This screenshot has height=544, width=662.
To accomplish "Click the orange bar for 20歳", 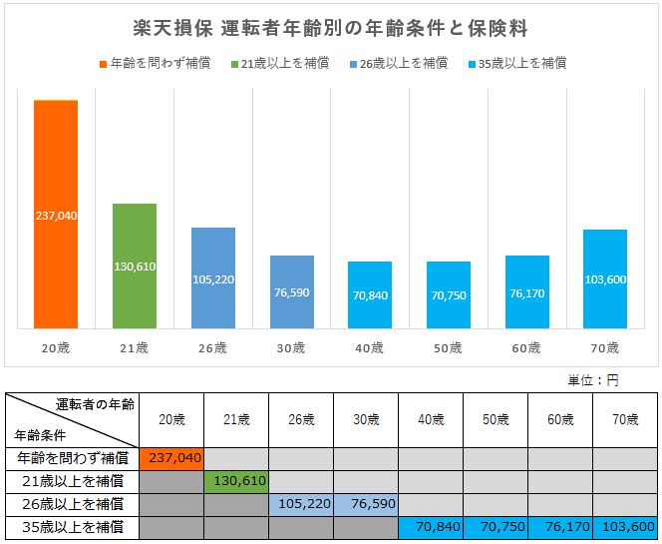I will click(56, 214).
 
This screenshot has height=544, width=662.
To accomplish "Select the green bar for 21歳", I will click(134, 266).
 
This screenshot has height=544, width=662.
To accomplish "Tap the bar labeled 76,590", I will click(291, 291).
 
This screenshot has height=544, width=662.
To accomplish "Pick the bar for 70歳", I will click(605, 278).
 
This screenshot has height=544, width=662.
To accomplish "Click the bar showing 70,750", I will click(449, 294).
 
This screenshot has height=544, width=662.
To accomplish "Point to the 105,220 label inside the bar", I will click(212, 279).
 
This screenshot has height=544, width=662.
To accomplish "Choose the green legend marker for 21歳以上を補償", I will click(234, 63).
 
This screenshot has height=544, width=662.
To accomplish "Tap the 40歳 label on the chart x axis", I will click(370, 348).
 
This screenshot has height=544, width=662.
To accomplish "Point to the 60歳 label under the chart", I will click(526, 348).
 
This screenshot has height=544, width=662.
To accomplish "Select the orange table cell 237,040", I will click(171, 458).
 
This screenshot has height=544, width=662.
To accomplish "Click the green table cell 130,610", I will click(236, 481).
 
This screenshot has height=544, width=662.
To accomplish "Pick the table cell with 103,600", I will click(626, 526).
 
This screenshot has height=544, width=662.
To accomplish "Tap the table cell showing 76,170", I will click(560, 526).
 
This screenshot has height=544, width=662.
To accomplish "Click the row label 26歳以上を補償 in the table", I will click(72, 503).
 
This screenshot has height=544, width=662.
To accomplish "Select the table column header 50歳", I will click(496, 420).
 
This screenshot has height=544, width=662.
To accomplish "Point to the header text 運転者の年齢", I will click(95, 403).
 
